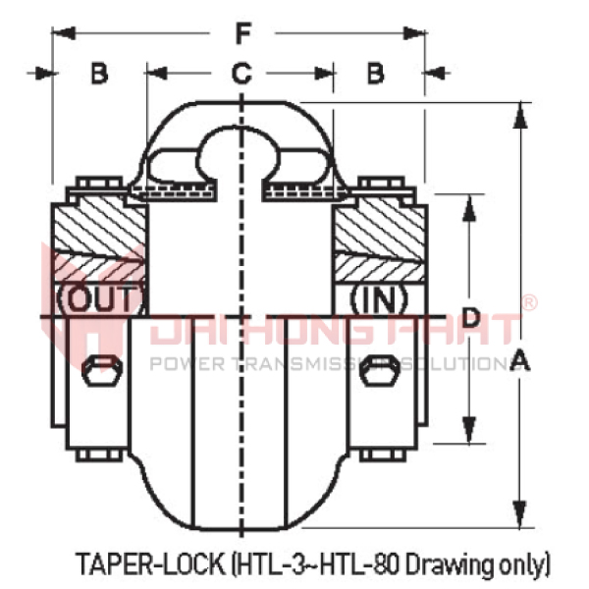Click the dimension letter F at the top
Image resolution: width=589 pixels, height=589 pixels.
point(241,33)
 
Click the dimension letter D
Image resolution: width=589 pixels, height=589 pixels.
point(471,317)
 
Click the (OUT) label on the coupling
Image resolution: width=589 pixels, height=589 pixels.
point(101,296)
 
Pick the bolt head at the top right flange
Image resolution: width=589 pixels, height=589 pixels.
point(381,184)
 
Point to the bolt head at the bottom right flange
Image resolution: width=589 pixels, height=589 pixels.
point(381,454)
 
